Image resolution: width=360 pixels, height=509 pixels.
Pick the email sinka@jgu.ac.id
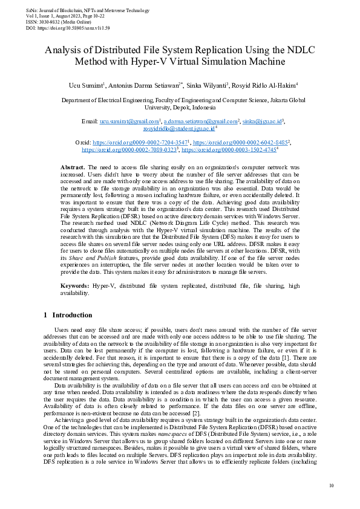click(262, 122)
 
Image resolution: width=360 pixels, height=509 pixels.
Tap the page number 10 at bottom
click(331, 485)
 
